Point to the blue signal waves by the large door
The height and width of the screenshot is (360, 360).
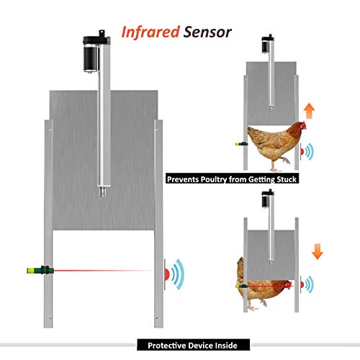tap(179, 273)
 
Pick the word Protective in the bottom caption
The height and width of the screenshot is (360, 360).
tap(170, 345)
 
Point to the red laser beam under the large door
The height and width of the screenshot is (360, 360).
tap(108, 272)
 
